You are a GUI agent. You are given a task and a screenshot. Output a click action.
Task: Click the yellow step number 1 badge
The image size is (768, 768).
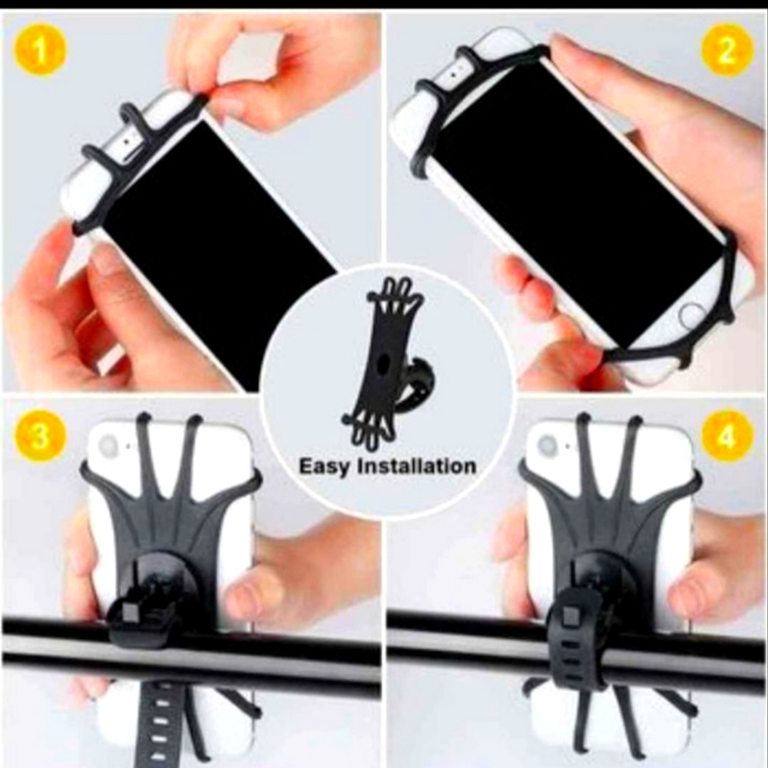tap(40, 50)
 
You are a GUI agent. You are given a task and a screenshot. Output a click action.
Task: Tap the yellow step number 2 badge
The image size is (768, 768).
tap(727, 50)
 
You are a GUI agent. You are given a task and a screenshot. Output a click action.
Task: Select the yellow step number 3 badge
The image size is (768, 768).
tap(40, 436)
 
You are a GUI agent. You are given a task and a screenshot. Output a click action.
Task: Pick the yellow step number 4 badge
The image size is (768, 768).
tap(727, 436)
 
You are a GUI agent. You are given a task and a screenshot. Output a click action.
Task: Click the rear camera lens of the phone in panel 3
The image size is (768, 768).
tap(109, 445)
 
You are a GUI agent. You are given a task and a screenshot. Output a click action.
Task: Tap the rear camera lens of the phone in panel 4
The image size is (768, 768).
tap(547, 445)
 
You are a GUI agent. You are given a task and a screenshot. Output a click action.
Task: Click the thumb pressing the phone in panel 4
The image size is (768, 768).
tap(695, 591)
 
